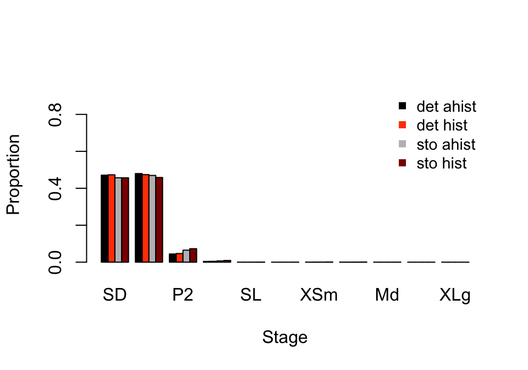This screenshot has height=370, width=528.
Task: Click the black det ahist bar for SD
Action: [105, 219]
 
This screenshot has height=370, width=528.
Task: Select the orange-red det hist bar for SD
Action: [111, 219]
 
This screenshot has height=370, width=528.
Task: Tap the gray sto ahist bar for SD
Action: [118, 220]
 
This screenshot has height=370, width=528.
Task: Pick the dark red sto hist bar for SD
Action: [125, 220]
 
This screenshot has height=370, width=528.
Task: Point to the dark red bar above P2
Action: [193, 255]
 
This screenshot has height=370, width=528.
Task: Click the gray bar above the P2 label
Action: [186, 256]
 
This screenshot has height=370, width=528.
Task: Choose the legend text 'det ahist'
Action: [446, 106]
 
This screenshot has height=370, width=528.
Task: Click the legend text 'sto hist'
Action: [441, 164]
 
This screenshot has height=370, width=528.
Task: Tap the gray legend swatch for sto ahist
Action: [402, 144]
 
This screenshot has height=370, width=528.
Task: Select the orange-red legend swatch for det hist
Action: [402, 124]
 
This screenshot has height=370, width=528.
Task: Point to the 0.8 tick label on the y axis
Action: [55, 115]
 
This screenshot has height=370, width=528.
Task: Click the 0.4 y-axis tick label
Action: [55, 188]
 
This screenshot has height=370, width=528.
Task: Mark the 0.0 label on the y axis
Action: [55, 262]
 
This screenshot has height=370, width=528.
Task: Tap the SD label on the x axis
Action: [114, 296]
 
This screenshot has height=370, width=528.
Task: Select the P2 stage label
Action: [183, 296]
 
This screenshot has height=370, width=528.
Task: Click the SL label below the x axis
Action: [251, 296]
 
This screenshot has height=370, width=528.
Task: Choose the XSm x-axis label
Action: [319, 296]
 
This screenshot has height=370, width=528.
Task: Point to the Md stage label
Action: [387, 296]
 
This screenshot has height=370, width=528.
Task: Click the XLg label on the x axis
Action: [455, 296]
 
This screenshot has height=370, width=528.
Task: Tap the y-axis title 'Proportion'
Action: [13, 174]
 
